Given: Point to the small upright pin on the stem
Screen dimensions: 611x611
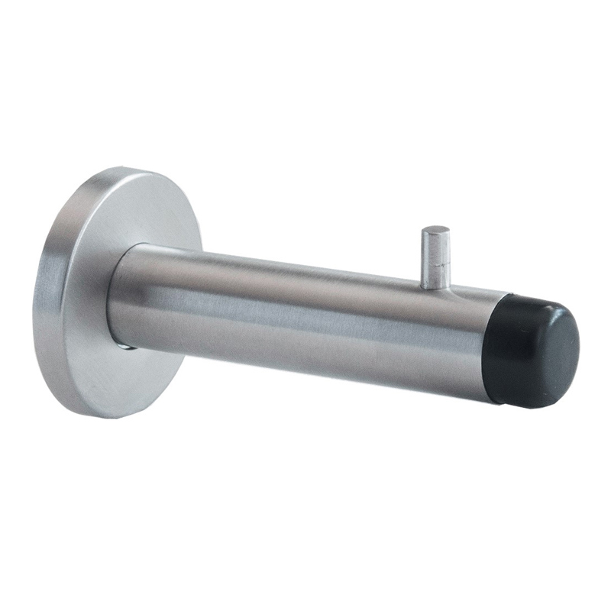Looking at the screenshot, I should point(436,258).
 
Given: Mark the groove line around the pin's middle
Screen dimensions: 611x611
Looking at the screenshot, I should point(436,262).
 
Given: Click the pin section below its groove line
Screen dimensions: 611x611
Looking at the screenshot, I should point(435,275).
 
